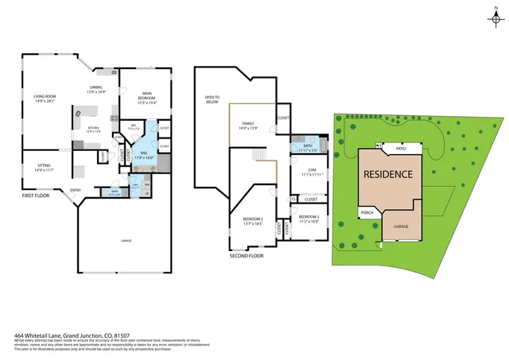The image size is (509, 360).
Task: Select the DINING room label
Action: pyautogui.click(x=96, y=89)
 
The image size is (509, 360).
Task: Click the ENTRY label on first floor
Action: pyautogui.click(x=76, y=190)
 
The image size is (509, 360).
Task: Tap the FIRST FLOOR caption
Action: pyautogui.click(x=36, y=195)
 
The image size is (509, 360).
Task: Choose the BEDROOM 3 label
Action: pyautogui.click(x=309, y=217)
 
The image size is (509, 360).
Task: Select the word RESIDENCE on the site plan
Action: pyautogui.click(x=388, y=174)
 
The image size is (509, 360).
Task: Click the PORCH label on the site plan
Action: pyautogui.click(x=367, y=212)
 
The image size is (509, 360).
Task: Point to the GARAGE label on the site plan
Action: pyautogui.click(x=401, y=226)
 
